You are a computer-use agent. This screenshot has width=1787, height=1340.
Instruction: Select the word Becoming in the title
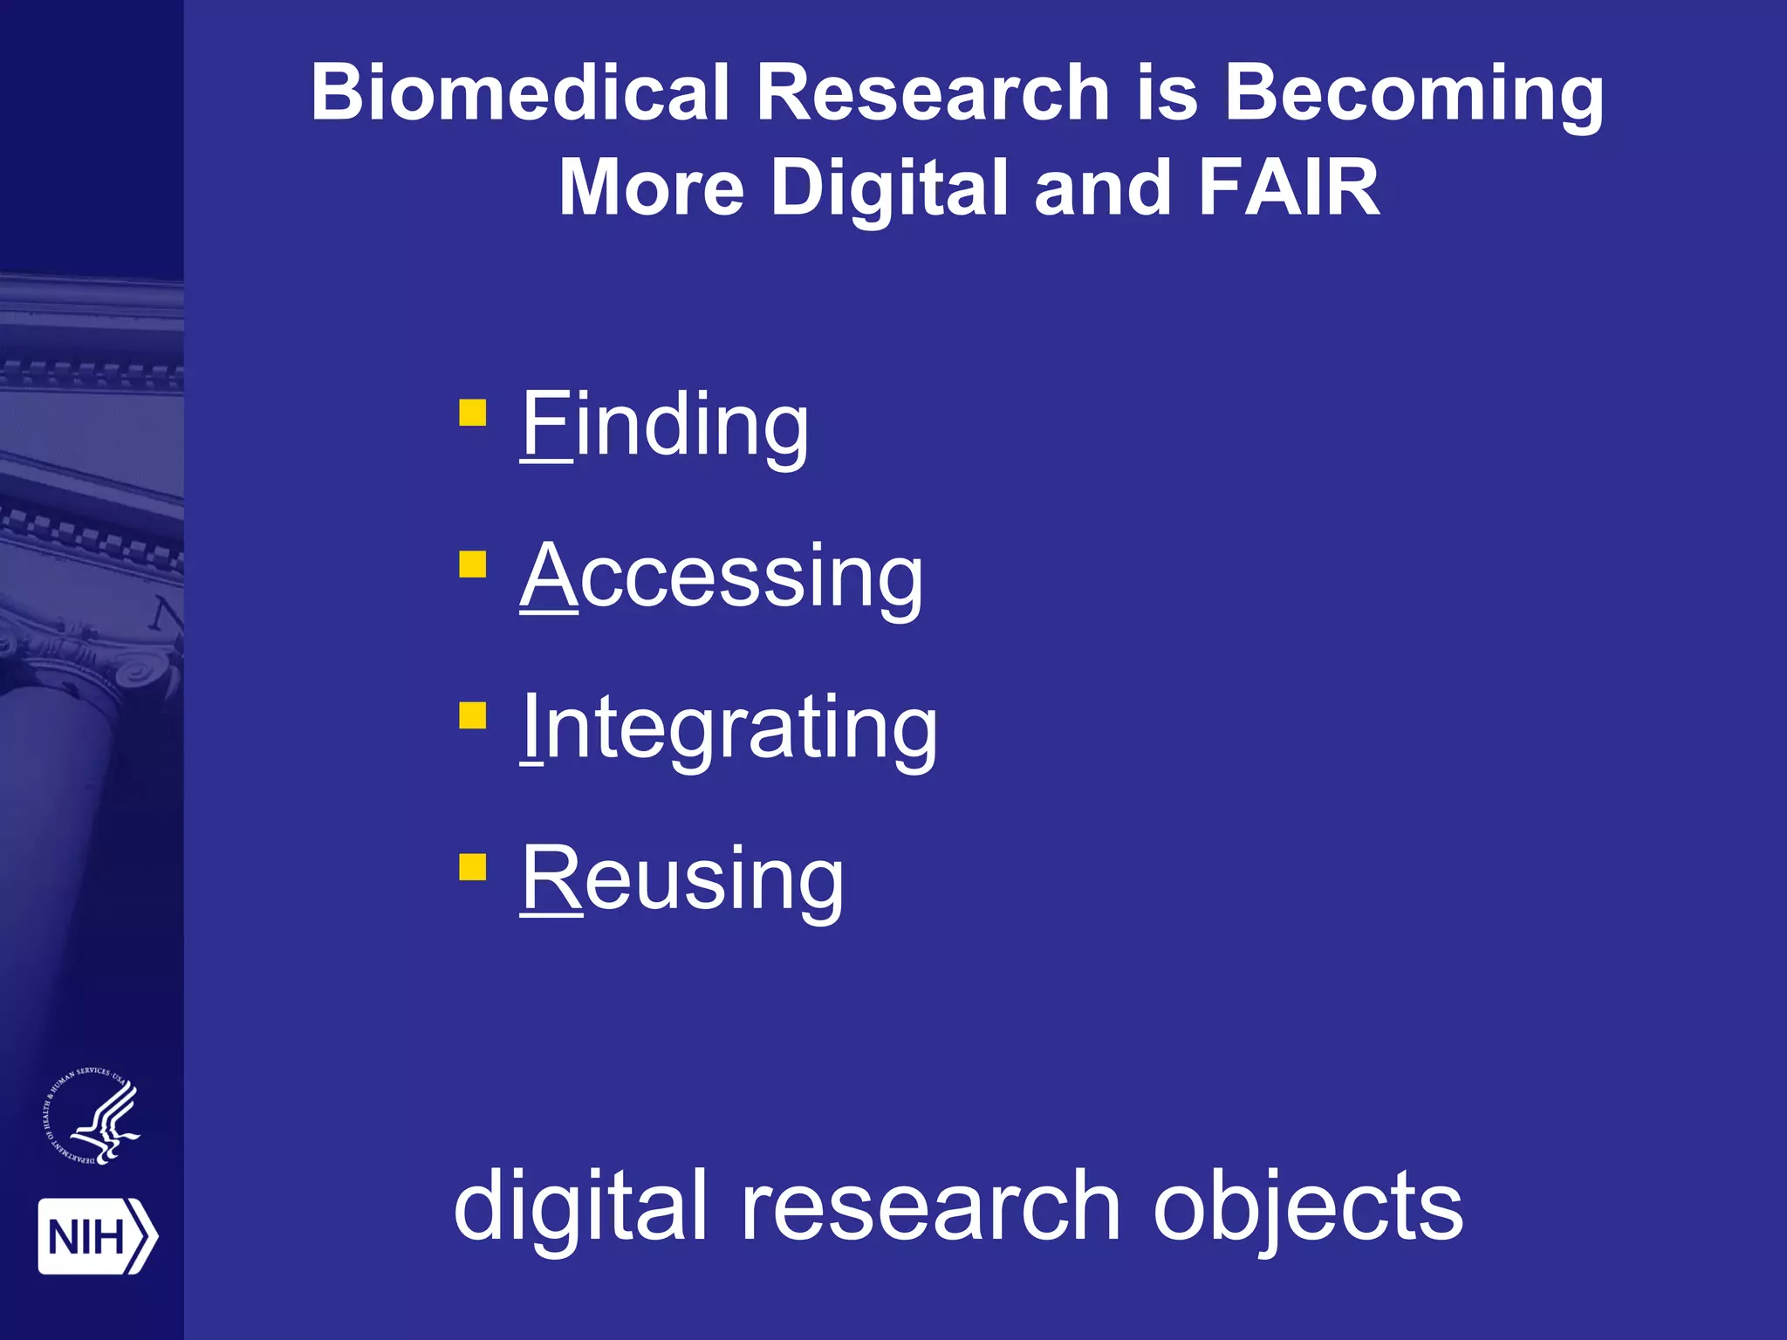coord(1414,94)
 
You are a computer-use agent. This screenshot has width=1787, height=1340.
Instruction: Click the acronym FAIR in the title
coord(1289,187)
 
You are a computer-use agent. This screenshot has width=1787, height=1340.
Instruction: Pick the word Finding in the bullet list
coord(665,425)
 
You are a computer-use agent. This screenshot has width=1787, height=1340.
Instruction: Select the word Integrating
coord(729,728)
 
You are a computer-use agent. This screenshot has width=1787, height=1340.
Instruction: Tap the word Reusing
coord(682,879)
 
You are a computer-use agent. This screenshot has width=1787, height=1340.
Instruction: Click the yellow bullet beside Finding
coord(472,413)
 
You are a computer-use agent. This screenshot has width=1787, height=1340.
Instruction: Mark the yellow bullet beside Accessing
coord(472,564)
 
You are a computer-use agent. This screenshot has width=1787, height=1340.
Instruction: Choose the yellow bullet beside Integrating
coord(472,715)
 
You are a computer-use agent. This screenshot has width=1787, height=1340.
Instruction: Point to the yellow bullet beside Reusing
coord(472,867)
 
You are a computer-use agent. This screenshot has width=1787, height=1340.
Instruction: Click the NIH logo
coord(97,1236)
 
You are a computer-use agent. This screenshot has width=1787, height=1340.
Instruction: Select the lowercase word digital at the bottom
coord(580,1207)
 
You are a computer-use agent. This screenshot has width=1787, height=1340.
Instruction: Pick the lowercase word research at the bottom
coord(930,1207)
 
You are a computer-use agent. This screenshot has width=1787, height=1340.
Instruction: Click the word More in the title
coord(651,188)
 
